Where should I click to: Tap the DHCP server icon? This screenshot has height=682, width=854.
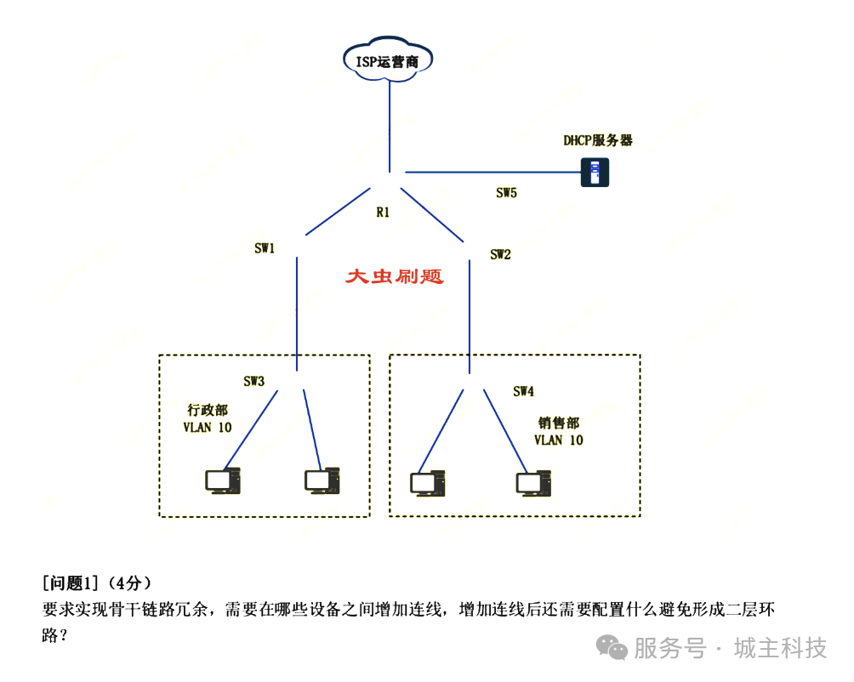coord(595,173)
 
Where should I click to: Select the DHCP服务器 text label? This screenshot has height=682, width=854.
coord(598,140)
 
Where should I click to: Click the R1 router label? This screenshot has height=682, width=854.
coord(383,213)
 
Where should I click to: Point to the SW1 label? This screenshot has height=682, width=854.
coord(265,248)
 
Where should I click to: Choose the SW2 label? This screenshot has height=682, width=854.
coord(500,253)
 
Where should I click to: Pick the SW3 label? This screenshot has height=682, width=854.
coord(253,382)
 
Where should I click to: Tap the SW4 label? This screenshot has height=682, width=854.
coord(523,391)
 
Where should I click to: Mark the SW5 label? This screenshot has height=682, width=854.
coord(506,193)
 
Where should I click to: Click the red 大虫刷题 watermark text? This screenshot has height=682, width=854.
coord(395,277)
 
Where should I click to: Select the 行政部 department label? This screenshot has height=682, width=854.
coord(208,410)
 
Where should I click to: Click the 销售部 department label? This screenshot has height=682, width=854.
coord(559,423)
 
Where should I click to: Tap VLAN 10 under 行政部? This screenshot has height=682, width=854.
coord(208,427)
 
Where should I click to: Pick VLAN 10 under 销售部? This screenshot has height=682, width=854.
coord(559,440)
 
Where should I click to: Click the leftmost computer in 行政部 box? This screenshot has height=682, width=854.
coord(222,481)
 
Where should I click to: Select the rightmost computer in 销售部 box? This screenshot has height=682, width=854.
coord(533,483)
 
